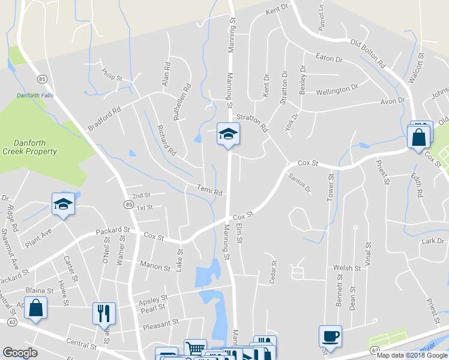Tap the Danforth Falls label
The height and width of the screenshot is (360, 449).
pyautogui.click(x=35, y=95)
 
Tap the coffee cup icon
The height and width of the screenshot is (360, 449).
pyautogui.click(x=330, y=336)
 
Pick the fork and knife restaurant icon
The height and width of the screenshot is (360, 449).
pyautogui.click(x=103, y=313)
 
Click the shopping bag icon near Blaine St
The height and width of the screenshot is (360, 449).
pyautogui.click(x=36, y=308)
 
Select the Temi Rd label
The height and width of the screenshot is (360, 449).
pyautogui.click(x=210, y=190)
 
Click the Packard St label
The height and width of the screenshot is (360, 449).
pyautogui.click(x=112, y=230)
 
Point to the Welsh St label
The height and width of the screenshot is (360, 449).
pyautogui.click(x=347, y=268)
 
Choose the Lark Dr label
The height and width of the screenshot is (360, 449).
pyautogui.click(x=432, y=241)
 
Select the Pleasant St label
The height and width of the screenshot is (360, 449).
pyautogui.click(x=161, y=324)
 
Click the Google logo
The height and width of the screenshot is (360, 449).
pyautogui.click(x=20, y=353)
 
